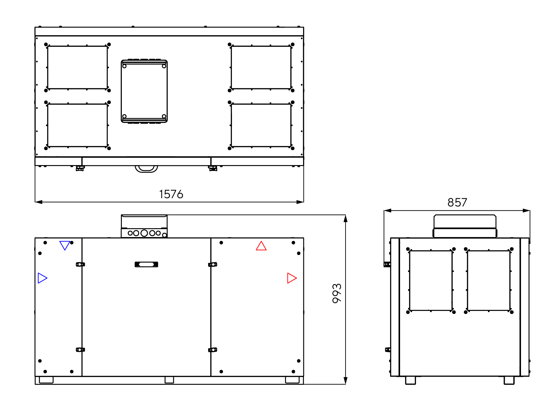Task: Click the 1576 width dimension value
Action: coord(171,194)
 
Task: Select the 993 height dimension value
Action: coord(337,293)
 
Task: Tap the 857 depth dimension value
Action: coord(457,202)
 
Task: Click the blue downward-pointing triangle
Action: coord(65,245)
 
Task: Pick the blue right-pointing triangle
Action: coord(43,278)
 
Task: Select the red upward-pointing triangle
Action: coord(261,246)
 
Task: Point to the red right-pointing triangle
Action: coord(292,278)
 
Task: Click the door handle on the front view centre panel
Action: coord(146,264)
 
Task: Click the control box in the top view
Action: coord(144,91)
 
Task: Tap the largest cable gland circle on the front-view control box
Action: coord(144,233)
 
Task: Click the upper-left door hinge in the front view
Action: coord(80,264)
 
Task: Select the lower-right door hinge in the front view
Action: coord(213,350)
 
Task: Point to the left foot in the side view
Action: coord(410,380)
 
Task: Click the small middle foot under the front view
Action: coord(169,380)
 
